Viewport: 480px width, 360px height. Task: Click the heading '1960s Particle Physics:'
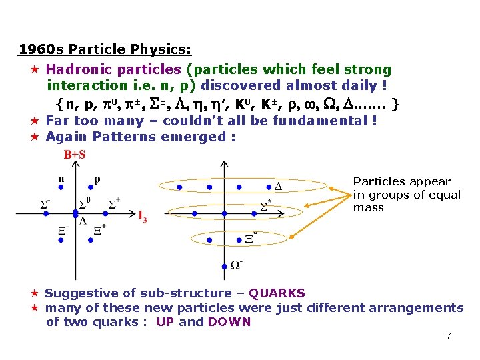(105, 49)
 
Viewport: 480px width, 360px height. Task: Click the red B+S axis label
(74, 155)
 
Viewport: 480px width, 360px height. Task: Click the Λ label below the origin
(83, 221)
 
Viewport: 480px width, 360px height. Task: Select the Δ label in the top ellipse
(278, 186)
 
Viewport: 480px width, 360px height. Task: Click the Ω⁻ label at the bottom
(236, 265)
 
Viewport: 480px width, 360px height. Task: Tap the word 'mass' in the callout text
(368, 207)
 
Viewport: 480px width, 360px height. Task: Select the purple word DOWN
(229, 322)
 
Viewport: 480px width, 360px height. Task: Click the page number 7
(449, 336)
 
